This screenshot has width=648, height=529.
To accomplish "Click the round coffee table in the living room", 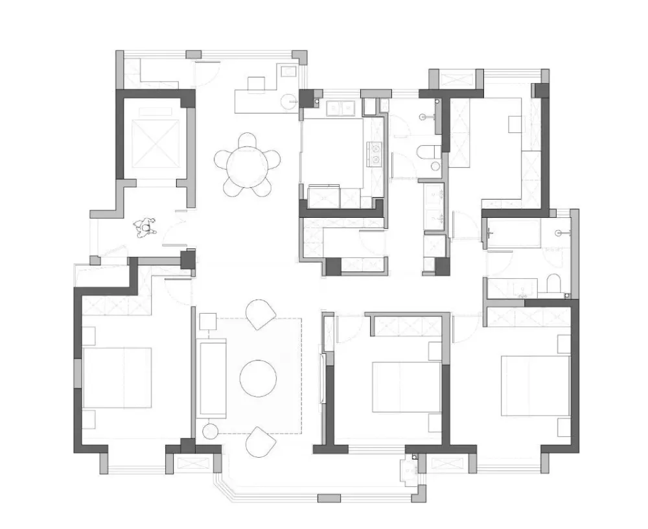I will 258,377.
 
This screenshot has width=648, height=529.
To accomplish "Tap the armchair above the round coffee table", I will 260,314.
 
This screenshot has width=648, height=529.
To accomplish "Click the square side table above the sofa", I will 207,322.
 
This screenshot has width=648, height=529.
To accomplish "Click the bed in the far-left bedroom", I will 118,378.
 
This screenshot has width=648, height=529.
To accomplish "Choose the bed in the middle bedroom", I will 406,386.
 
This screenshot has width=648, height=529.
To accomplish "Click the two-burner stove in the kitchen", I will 375,152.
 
